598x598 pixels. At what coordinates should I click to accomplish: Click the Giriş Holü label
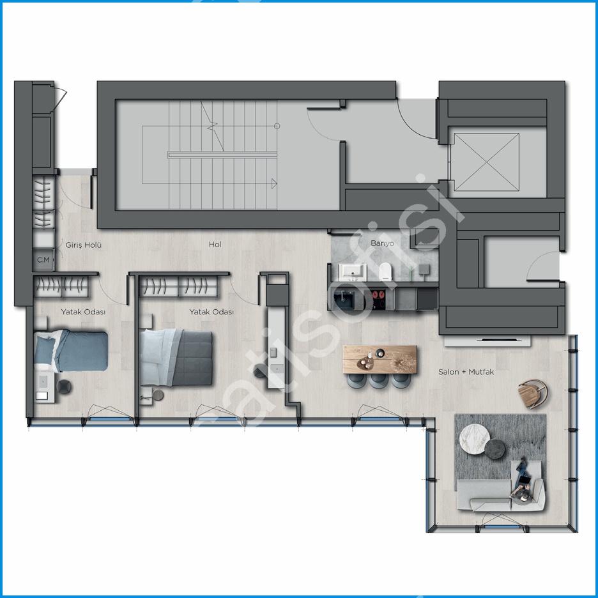point(84,245)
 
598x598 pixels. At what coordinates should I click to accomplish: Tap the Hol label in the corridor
point(215,245)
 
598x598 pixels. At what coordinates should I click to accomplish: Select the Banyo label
point(382,243)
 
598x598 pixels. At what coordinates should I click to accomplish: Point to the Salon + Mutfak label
point(466,372)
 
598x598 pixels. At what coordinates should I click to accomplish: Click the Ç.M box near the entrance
point(43,260)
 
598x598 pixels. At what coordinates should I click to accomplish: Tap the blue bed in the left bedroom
point(71,351)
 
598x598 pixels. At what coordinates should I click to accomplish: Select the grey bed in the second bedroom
point(176,357)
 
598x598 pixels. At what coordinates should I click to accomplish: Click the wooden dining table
point(380,360)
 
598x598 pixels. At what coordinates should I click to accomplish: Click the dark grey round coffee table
point(494,449)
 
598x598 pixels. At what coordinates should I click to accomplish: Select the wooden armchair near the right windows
point(533,394)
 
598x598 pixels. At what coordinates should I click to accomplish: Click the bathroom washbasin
point(353,272)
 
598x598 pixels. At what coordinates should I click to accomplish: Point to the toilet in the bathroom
point(386,272)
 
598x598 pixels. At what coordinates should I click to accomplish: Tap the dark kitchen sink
point(344,300)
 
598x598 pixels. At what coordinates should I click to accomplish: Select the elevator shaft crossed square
point(487,162)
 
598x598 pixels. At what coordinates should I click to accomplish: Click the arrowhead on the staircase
point(274,183)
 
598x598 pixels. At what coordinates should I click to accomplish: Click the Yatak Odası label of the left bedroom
point(83,312)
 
